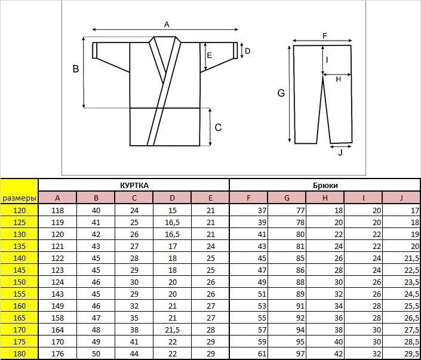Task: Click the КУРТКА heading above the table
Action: click(134, 186)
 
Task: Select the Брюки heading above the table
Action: click(325, 186)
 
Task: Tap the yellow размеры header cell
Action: click(19, 192)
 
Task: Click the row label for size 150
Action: click(19, 282)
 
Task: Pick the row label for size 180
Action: click(19, 354)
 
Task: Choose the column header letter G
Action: click(287, 198)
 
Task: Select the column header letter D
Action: click(173, 198)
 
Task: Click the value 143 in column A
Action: click(58, 294)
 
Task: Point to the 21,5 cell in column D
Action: click(173, 330)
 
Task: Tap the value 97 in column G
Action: click(300, 354)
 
